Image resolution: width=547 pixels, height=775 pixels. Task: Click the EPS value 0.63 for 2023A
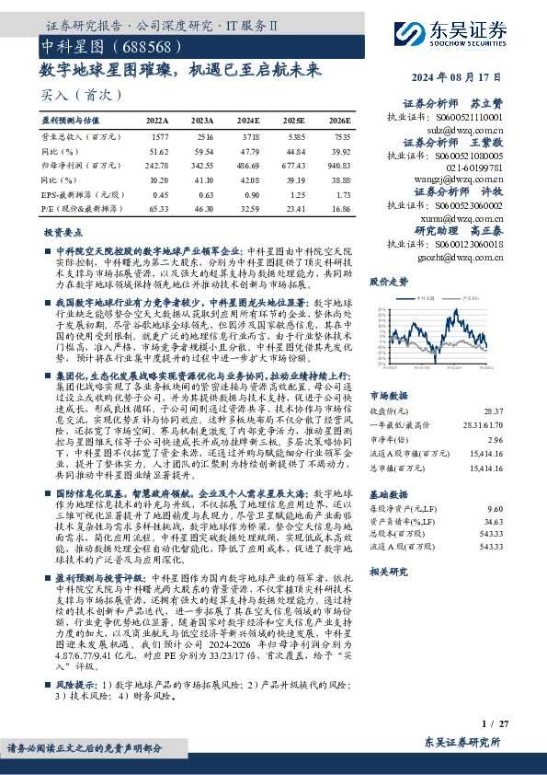point(202,194)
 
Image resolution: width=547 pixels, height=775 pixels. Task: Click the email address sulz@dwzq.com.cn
point(472,132)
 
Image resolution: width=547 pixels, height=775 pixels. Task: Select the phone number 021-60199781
point(473,168)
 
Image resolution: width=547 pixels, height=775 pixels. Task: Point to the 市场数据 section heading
point(388,396)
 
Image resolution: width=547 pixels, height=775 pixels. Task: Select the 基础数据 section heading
point(388,492)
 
